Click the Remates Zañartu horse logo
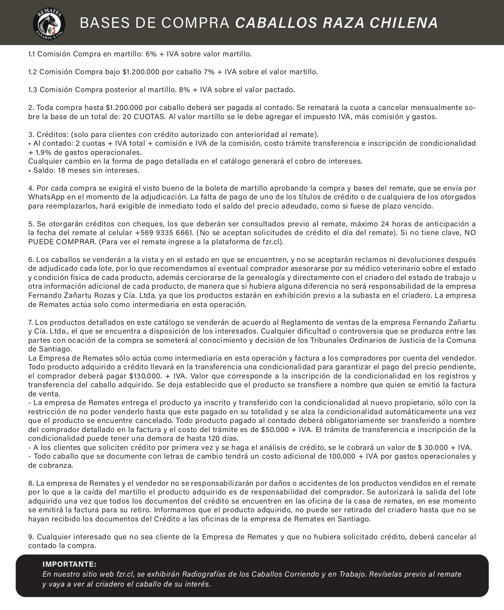pos(49,23)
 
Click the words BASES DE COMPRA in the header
pos(154,23)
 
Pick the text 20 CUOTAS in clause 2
pos(144,117)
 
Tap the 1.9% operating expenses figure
pos(44,152)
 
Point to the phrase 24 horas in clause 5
pos(394,224)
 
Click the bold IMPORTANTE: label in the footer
pos(69,564)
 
